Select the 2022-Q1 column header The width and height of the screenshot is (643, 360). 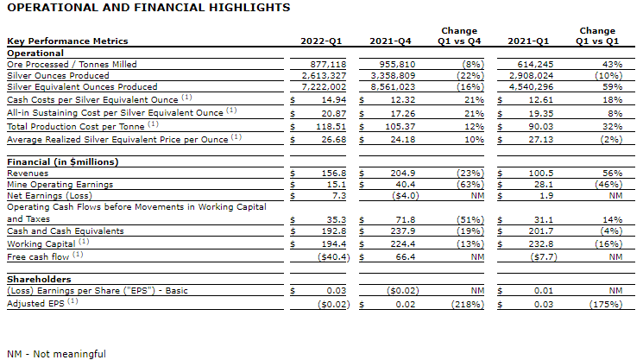(322, 41)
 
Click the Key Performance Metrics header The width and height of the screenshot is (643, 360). (67, 41)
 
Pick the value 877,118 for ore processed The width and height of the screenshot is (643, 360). (330, 64)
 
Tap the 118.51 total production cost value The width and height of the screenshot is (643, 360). (333, 125)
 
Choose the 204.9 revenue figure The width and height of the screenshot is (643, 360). (406, 173)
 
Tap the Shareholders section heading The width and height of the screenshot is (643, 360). (41, 280)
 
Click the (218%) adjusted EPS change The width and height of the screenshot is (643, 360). (469, 304)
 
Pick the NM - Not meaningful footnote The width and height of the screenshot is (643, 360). (56, 353)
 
